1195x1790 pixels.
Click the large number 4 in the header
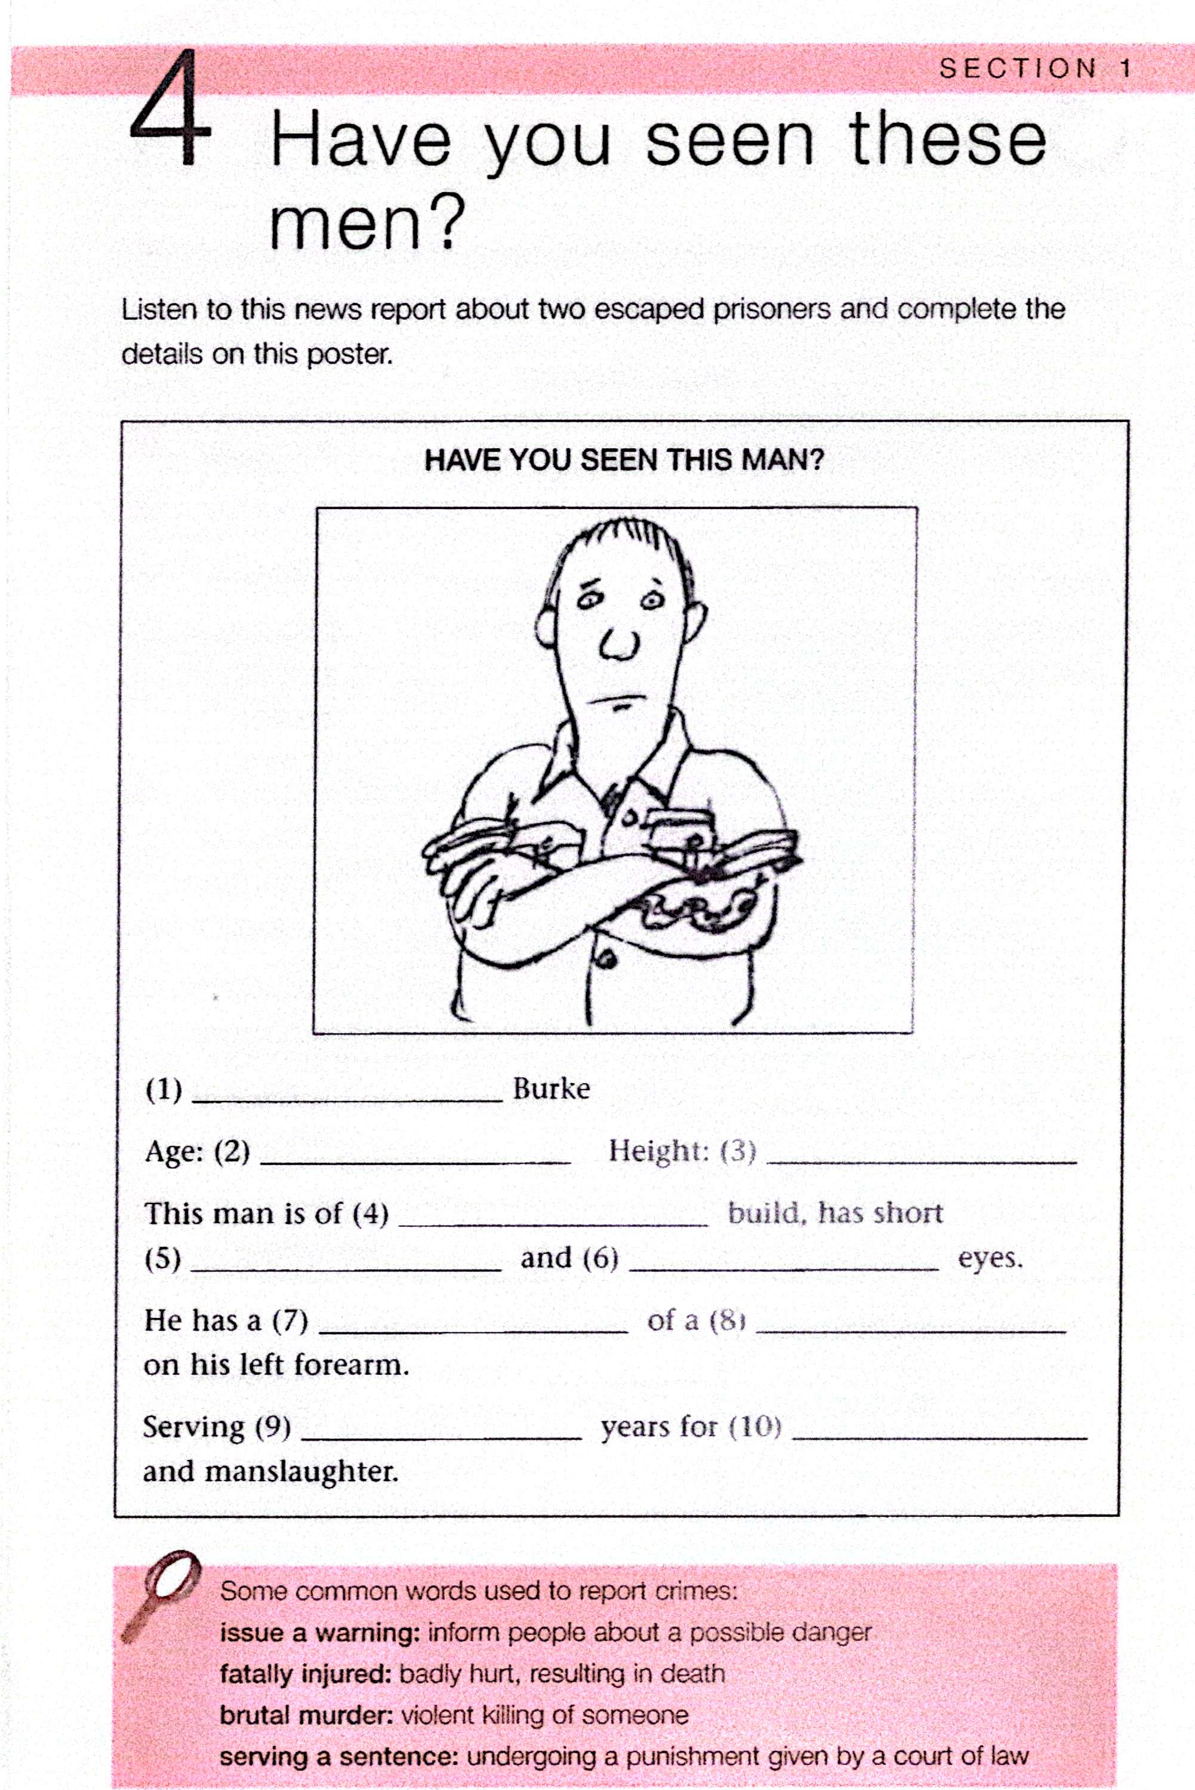point(169,111)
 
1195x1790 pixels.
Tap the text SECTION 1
point(1035,69)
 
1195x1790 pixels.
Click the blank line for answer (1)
point(347,1094)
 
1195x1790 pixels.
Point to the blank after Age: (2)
point(415,1156)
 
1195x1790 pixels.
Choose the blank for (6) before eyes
point(784,1263)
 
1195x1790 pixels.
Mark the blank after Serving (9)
point(442,1432)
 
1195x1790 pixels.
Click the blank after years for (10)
point(939,1432)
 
